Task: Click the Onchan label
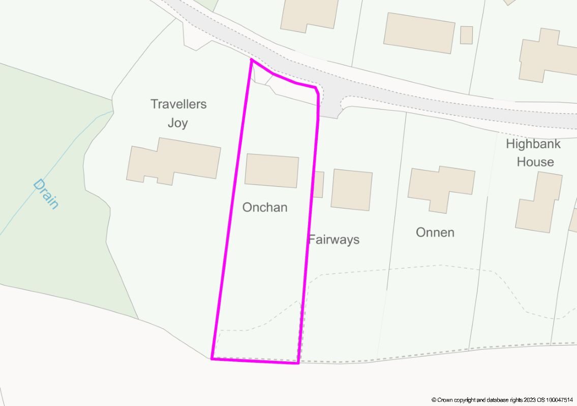pyautogui.click(x=264, y=207)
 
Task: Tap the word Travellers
pyautogui.click(x=178, y=104)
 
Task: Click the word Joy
pyautogui.click(x=177, y=123)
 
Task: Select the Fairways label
pyautogui.click(x=333, y=239)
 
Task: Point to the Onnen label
pyautogui.click(x=435, y=232)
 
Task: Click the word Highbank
pyautogui.click(x=533, y=144)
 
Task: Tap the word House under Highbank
pyautogui.click(x=535, y=162)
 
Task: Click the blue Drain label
pyautogui.click(x=46, y=193)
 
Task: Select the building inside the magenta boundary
pyautogui.click(x=271, y=171)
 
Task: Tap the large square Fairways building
pyautogui.click(x=351, y=190)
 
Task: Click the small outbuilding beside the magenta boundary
pyautogui.click(x=318, y=184)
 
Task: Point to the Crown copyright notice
pyautogui.click(x=503, y=400)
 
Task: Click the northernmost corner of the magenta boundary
pyautogui.click(x=252, y=60)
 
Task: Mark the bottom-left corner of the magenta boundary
pyautogui.click(x=212, y=359)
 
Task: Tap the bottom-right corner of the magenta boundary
pyautogui.click(x=298, y=363)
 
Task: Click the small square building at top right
pyautogui.click(x=466, y=35)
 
